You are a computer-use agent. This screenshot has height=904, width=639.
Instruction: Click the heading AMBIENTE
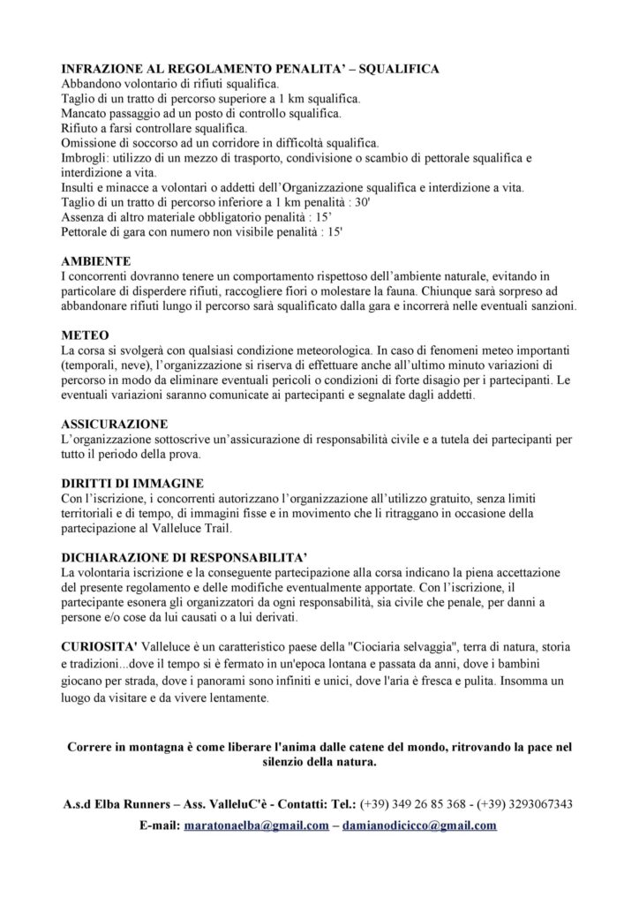96,262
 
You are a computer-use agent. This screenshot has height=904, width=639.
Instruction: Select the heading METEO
85,337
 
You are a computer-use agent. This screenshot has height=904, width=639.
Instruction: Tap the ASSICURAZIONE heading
114,425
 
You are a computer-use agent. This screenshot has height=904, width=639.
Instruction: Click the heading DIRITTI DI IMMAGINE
132,484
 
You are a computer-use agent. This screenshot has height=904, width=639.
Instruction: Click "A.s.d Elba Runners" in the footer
117,804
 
